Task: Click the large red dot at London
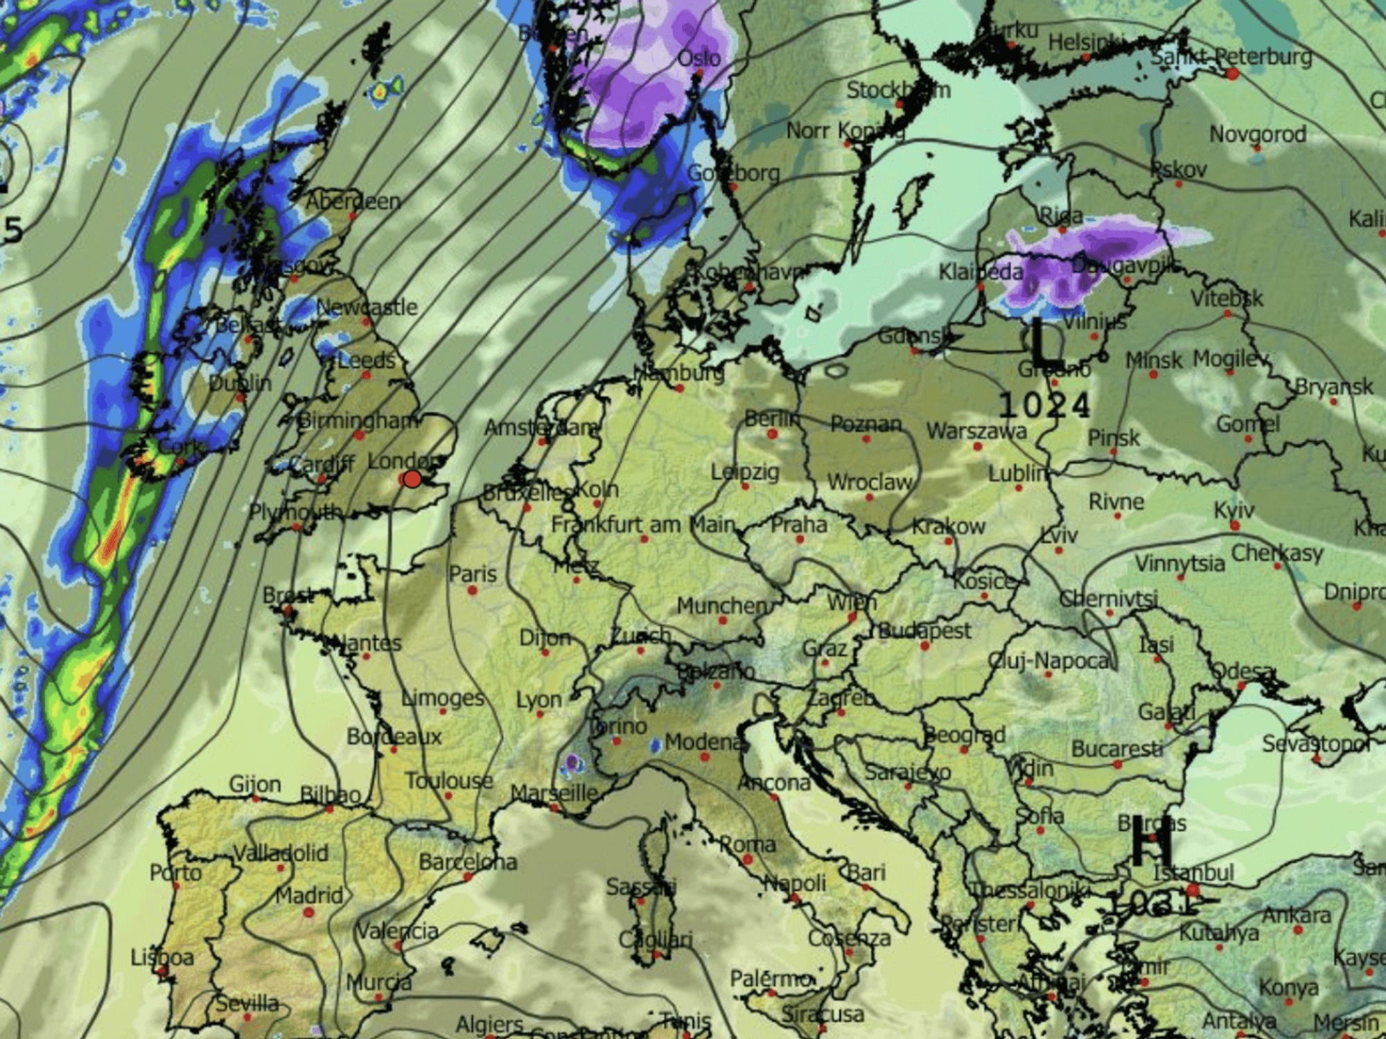412,479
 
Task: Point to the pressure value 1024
1044,405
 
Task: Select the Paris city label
473,574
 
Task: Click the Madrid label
309,896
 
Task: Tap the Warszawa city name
976,431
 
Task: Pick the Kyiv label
1234,510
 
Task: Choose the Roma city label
747,844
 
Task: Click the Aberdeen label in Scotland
353,202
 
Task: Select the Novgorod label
1258,134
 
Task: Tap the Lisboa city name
162,957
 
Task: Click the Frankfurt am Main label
643,524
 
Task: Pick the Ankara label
1296,915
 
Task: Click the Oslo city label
699,58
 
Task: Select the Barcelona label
468,862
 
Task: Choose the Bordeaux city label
394,736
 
